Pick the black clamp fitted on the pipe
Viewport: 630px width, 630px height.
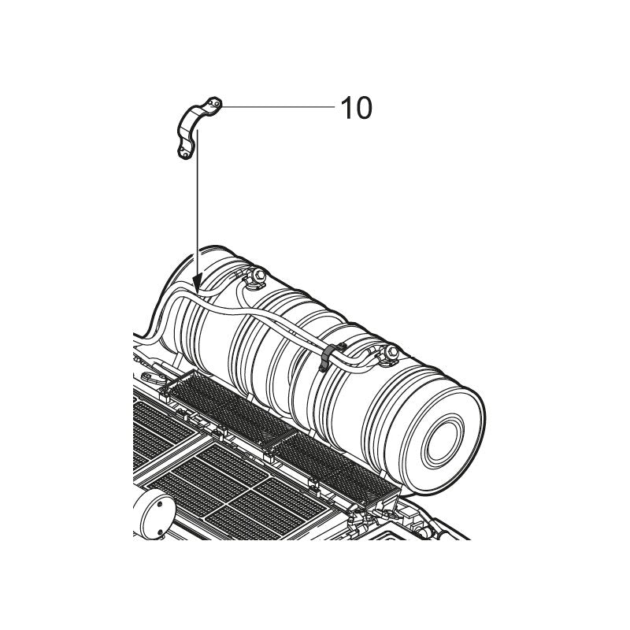330,357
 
